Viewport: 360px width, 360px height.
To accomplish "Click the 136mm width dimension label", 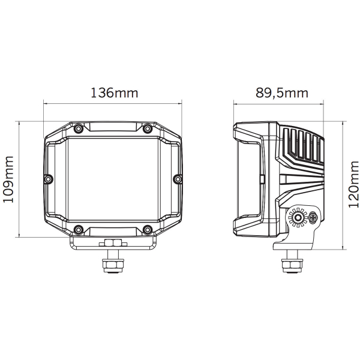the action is click(x=115, y=93).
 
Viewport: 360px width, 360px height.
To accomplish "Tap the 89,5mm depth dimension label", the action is click(x=282, y=93).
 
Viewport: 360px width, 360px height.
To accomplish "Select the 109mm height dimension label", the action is click(x=8, y=179).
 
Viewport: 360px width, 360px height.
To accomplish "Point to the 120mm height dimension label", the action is click(x=353, y=184).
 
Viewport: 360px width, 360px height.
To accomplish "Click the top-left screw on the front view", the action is click(x=78, y=128).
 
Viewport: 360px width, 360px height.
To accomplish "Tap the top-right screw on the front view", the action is click(x=148, y=128).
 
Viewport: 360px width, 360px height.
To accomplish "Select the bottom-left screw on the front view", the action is click(x=78, y=229).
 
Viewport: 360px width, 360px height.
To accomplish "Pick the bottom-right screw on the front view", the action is click(x=148, y=229).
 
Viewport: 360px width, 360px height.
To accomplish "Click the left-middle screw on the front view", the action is click(x=48, y=179).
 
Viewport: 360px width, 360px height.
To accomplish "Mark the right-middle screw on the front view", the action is click(x=178, y=179).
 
